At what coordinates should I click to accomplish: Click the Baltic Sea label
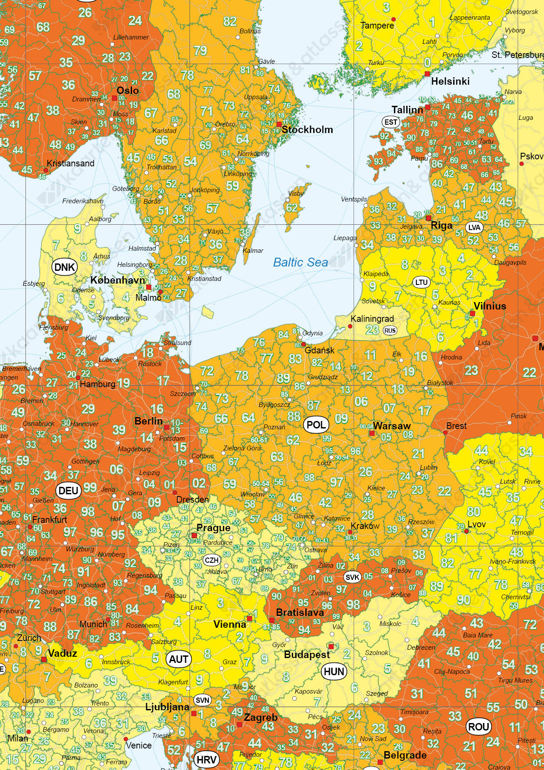point(301,263)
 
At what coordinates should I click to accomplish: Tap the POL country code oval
point(316,425)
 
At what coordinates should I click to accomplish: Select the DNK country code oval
point(64,267)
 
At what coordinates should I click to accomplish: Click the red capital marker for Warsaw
point(372,433)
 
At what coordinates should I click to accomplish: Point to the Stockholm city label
point(307,130)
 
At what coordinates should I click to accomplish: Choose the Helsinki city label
point(450,81)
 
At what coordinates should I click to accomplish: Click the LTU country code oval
point(421,282)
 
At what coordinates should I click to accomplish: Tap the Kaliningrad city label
point(372,319)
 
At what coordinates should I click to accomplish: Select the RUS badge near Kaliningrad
point(390,331)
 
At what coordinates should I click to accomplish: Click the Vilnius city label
point(490,306)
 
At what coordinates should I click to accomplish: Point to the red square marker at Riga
point(428,218)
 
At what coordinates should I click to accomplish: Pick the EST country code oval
point(390,122)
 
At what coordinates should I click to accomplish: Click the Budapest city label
point(307,655)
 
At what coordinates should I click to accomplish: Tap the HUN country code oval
point(334,672)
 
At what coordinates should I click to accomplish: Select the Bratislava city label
point(300,612)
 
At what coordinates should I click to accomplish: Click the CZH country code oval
point(211,560)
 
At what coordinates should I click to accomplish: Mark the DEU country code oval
point(68,490)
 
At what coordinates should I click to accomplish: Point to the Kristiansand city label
point(70,163)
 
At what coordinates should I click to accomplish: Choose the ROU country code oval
point(479,727)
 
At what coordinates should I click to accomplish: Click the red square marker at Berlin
point(167,427)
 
